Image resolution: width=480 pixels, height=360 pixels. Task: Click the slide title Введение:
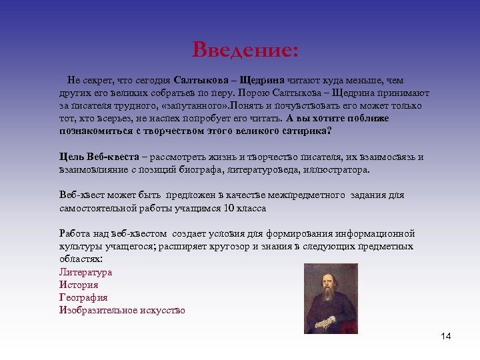[245, 50]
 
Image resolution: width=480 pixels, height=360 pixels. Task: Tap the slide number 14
[446, 336]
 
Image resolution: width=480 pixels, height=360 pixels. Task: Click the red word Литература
[85, 272]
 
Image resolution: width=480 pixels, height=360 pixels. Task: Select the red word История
[79, 285]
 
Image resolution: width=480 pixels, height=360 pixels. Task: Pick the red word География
[83, 297]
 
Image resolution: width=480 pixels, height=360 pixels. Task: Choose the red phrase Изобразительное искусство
[122, 310]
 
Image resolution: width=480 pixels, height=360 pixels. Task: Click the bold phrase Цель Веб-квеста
[99, 157]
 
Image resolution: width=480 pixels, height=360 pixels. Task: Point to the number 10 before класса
[229, 208]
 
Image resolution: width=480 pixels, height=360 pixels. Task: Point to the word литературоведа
[262, 170]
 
